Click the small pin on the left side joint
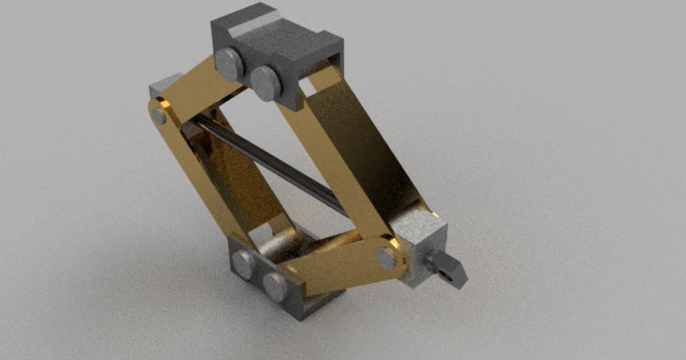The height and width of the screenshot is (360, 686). coord(159,117)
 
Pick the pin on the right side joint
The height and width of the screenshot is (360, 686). coord(388,258)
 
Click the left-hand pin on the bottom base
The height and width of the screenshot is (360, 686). coord(244,265)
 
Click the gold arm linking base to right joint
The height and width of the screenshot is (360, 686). coord(337,269)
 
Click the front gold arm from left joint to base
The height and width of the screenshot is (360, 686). coord(200,177)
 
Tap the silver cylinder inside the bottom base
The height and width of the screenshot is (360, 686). coord(280,246)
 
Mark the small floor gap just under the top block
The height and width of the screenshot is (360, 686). coord(308,87)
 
